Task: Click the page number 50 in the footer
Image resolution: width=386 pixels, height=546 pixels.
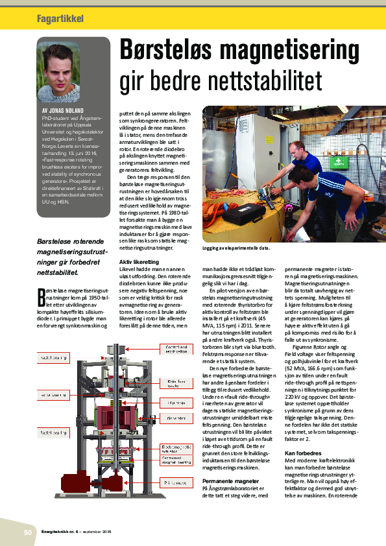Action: tap(28, 532)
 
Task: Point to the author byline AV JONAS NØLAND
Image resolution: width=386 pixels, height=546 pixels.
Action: tap(64, 112)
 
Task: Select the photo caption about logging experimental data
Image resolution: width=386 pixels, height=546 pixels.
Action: tap(234, 248)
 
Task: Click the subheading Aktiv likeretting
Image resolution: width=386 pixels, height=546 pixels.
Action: tap(139, 261)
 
